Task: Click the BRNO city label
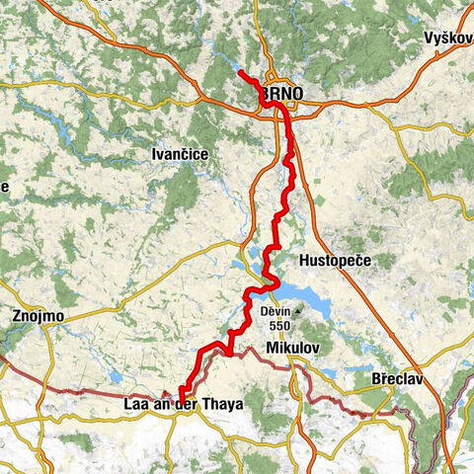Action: pyautogui.click(x=283, y=94)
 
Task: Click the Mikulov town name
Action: pyautogui.click(x=292, y=348)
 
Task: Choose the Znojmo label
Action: pyautogui.click(x=39, y=317)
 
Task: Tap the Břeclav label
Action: pyautogui.click(x=399, y=378)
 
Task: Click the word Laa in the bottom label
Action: pyautogui.click(x=138, y=405)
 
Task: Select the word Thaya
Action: pyautogui.click(x=221, y=405)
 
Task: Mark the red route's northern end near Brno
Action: pyautogui.click(x=240, y=73)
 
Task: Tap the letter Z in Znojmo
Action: pyautogui.click(x=15, y=317)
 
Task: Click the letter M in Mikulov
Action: pyautogui.click(x=272, y=348)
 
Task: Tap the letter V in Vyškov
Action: pyautogui.click(x=427, y=38)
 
